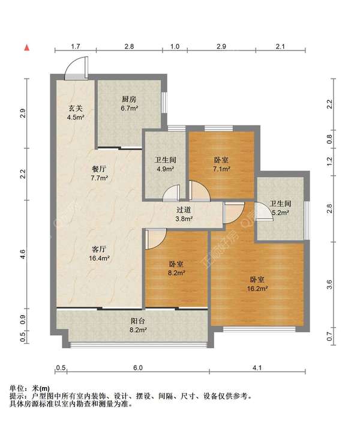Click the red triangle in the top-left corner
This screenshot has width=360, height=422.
coord(26,47)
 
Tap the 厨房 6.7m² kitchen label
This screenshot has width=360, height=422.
coord(130,104)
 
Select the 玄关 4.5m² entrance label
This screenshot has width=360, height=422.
coord(75,112)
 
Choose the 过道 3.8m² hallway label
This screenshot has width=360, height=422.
coord(184,214)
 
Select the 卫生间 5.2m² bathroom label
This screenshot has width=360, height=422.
coord(280,208)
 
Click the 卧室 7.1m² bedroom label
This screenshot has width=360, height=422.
coord(221,164)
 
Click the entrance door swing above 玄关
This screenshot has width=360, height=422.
coord(76,68)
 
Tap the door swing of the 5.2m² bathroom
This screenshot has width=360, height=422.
coord(262,211)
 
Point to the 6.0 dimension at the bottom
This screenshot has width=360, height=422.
coord(137,367)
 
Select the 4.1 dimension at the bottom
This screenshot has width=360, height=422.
coord(258,367)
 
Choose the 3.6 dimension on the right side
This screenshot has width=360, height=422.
coord(329,285)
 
